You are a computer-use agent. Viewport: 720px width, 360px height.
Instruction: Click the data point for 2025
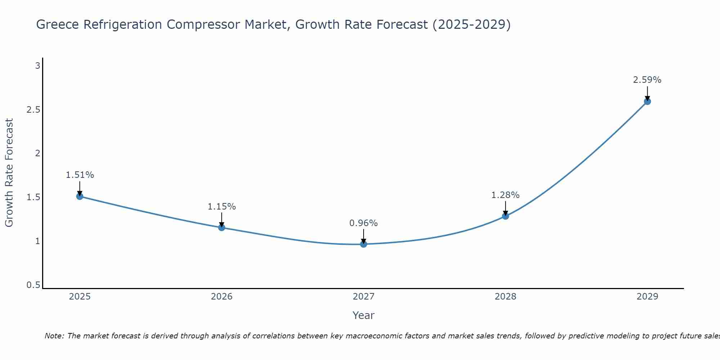click(80, 196)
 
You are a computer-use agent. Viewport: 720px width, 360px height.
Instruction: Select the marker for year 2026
click(221, 228)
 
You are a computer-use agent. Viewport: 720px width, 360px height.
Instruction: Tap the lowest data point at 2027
click(364, 244)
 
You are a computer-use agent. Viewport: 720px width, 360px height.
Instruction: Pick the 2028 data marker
click(505, 216)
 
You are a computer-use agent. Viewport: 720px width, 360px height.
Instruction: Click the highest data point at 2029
click(647, 102)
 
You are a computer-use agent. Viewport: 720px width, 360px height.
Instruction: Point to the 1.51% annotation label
click(80, 175)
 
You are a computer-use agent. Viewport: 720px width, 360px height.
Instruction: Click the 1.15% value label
click(221, 207)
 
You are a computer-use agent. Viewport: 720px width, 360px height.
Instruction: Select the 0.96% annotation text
click(364, 223)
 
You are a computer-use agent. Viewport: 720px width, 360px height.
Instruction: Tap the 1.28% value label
click(505, 195)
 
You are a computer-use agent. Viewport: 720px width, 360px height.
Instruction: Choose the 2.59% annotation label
click(647, 80)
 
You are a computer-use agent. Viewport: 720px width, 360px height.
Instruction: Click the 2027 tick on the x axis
click(364, 297)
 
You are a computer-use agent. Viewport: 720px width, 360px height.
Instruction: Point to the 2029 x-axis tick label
click(647, 297)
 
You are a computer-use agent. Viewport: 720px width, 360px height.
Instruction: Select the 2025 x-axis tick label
click(80, 297)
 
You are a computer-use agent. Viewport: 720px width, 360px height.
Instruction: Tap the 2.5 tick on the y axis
click(33, 110)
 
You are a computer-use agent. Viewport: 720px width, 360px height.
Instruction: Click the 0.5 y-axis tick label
click(33, 285)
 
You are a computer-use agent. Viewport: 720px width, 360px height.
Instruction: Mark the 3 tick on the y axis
click(37, 66)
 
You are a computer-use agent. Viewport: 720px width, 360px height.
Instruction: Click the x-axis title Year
click(364, 315)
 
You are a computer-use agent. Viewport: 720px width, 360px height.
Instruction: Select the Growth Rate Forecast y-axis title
click(9, 173)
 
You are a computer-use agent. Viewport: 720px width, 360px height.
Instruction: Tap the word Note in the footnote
click(54, 336)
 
